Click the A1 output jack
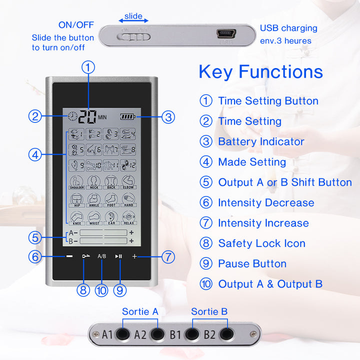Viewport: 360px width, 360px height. pyautogui.click(x=121, y=334)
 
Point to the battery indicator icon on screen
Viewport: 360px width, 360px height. pyautogui.click(x=128, y=117)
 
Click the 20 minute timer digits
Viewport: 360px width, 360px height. pyautogui.click(x=87, y=116)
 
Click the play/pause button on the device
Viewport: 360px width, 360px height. pyautogui.click(x=118, y=256)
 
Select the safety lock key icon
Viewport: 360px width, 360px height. pyautogui.click(x=84, y=256)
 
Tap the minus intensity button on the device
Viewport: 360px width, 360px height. pyautogui.click(x=69, y=256)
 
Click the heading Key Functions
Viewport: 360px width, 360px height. pyautogui.click(x=260, y=71)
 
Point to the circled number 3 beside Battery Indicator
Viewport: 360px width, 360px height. pyautogui.click(x=206, y=141)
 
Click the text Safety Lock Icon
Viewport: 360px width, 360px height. pyautogui.click(x=261, y=243)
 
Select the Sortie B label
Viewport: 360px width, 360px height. pyautogui.click(x=209, y=311)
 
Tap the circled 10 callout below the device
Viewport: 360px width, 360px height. pyautogui.click(x=101, y=290)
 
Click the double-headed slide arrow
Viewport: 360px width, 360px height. pyautogui.click(x=133, y=20)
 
